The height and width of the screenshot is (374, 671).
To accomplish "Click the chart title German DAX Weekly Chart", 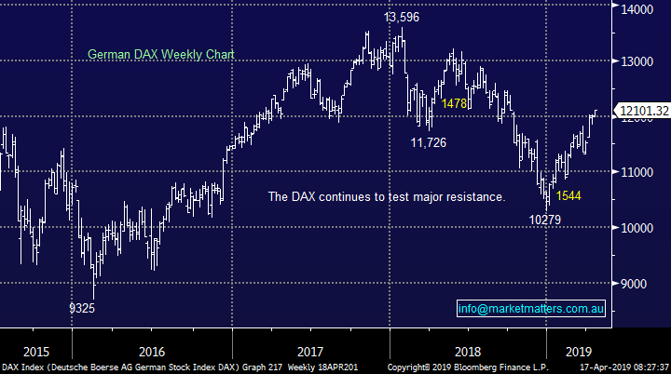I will tap(160, 55).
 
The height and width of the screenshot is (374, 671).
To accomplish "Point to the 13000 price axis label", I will tap(638, 61).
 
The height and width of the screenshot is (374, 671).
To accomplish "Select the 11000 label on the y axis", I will tap(638, 172).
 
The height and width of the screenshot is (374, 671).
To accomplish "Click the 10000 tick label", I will tap(638, 228).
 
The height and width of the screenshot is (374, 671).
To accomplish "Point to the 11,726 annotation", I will tap(432, 142).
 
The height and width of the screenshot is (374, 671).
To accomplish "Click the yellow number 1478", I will tap(456, 103).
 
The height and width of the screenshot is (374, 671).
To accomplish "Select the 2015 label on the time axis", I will tap(35, 352).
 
